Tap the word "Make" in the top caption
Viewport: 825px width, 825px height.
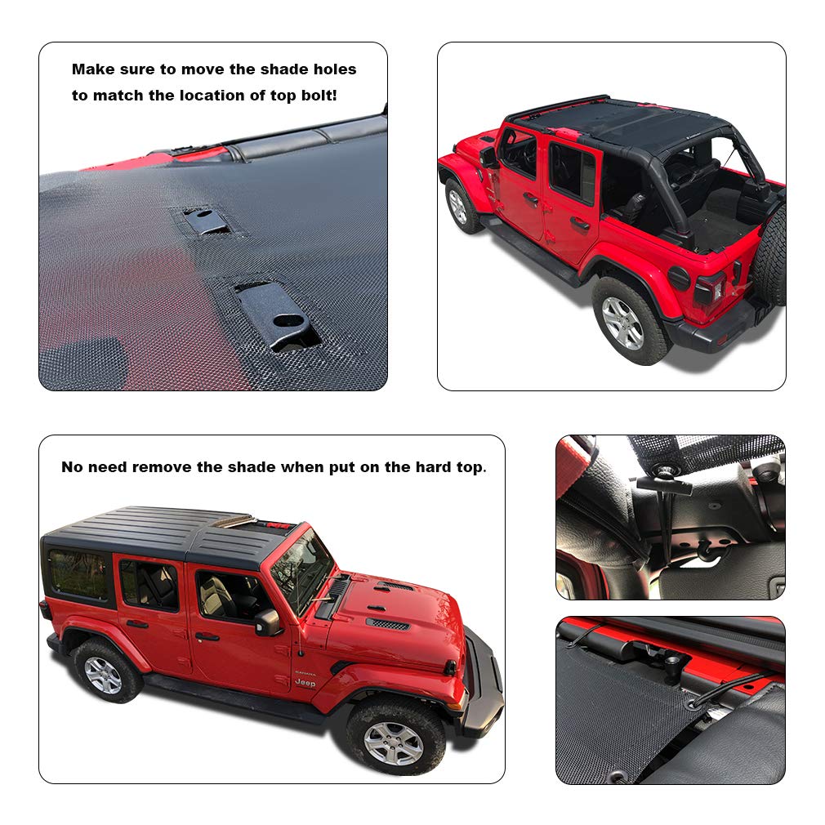click(x=90, y=70)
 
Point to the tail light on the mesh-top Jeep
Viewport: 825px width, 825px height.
click(x=709, y=288)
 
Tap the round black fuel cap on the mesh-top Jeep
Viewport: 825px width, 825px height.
click(x=679, y=278)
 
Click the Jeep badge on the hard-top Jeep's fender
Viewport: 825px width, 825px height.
click(x=305, y=683)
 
